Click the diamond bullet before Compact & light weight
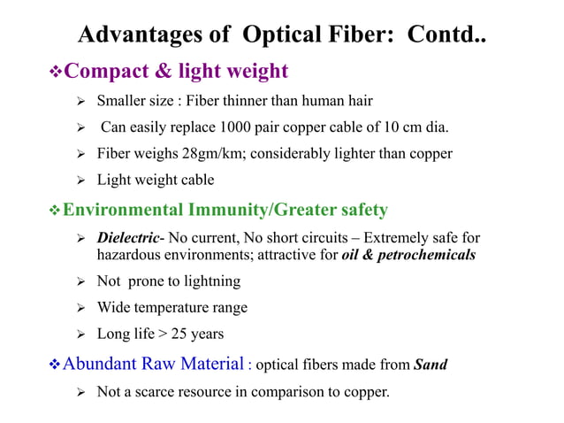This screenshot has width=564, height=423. click(56, 72)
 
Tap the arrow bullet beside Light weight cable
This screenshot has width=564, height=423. click(79, 181)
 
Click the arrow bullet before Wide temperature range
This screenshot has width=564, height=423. click(79, 308)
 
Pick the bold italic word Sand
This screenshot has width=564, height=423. click(431, 365)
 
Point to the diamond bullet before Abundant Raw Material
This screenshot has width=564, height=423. click(56, 364)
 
